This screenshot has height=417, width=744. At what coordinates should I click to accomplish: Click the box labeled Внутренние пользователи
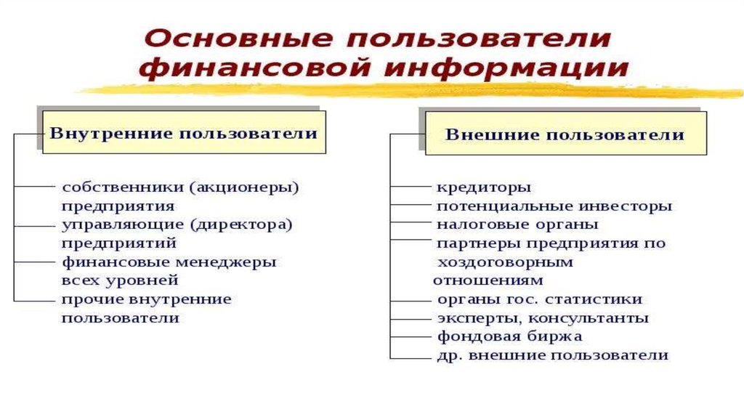point(183,134)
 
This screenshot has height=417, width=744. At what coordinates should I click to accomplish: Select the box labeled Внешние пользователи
point(565,135)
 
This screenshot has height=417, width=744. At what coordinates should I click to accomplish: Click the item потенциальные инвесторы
point(554,206)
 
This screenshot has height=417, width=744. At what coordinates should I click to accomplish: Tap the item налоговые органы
point(517,224)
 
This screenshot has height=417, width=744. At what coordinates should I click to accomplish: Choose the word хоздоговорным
point(505,262)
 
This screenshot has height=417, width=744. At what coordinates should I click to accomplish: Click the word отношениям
point(488,280)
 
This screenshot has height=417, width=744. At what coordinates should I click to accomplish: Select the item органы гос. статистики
point(539,299)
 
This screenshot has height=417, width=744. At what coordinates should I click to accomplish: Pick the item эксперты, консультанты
point(543,318)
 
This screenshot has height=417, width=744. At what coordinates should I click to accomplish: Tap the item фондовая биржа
point(509,337)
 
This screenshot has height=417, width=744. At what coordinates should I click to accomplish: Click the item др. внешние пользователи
point(552,356)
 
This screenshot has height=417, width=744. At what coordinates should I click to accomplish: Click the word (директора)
point(241,225)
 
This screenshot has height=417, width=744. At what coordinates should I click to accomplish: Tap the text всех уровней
point(120,280)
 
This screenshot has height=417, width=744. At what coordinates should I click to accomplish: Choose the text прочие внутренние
point(146,299)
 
